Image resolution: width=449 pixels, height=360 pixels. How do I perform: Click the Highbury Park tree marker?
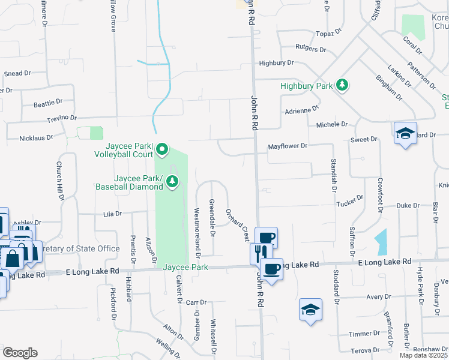tap(342, 85)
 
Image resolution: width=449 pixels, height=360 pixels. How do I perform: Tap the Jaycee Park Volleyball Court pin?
tap(162, 148)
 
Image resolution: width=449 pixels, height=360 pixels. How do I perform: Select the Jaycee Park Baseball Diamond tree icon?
tap(172, 181)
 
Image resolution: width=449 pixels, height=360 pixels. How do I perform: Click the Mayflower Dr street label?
tap(288, 146)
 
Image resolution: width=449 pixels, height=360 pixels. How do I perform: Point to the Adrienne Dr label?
tap(301, 110)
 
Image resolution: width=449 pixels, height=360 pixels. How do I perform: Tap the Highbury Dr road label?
tap(276, 62)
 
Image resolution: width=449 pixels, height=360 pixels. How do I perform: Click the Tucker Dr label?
tap(350, 197)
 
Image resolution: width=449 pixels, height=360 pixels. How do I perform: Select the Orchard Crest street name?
tap(238, 225)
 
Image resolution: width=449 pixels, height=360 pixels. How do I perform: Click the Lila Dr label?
tap(112, 214)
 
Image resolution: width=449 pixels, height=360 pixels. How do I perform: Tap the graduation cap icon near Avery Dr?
tap(310, 310)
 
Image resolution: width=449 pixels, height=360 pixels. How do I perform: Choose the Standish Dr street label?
tap(331, 172)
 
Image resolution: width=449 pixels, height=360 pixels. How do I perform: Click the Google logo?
tap(20, 353)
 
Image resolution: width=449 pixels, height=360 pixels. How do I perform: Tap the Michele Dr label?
tap(332, 124)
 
